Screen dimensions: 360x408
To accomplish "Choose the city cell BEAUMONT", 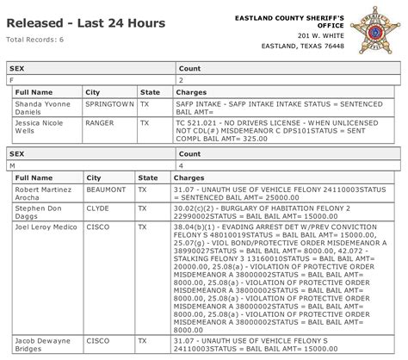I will coord(104,188).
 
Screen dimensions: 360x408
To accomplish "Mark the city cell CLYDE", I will coord(97,209).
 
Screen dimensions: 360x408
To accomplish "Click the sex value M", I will coord(12,164).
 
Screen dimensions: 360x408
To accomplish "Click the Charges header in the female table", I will coord(191,90).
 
